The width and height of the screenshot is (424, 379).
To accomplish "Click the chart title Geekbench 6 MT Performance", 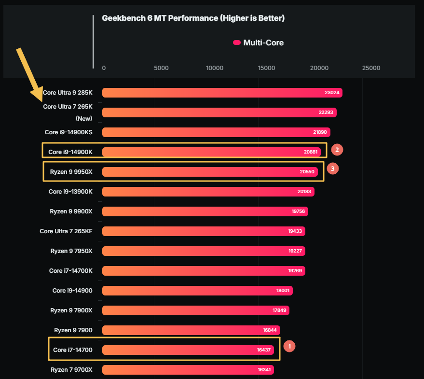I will click(193, 18).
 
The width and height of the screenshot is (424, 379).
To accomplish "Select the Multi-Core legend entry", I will click(258, 42).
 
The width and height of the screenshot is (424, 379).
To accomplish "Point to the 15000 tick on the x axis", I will click(267, 68).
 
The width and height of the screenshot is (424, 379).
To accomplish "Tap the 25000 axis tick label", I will click(371, 68).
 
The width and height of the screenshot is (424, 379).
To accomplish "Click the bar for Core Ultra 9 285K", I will click(222, 93).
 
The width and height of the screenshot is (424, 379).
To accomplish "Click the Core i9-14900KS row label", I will click(68, 132).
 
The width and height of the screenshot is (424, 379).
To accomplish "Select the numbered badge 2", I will click(337, 150).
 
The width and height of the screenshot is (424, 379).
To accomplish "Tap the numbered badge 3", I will click(332, 168).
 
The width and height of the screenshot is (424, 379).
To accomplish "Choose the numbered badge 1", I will click(289, 346).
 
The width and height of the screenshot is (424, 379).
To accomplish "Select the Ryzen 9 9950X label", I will click(71, 171).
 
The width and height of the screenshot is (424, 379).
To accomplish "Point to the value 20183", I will click(304, 192).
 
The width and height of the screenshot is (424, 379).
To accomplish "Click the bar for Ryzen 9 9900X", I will click(205, 211).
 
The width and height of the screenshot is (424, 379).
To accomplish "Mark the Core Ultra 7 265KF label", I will click(66, 231).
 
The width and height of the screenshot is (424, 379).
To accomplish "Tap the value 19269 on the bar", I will click(295, 271).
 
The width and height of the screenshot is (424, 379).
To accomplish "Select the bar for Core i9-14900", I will click(197, 291).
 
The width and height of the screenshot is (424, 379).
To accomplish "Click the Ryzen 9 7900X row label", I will click(71, 310).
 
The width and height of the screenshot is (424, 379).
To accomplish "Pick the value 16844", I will click(270, 330).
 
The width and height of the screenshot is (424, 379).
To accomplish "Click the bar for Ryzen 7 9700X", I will click(188, 370).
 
